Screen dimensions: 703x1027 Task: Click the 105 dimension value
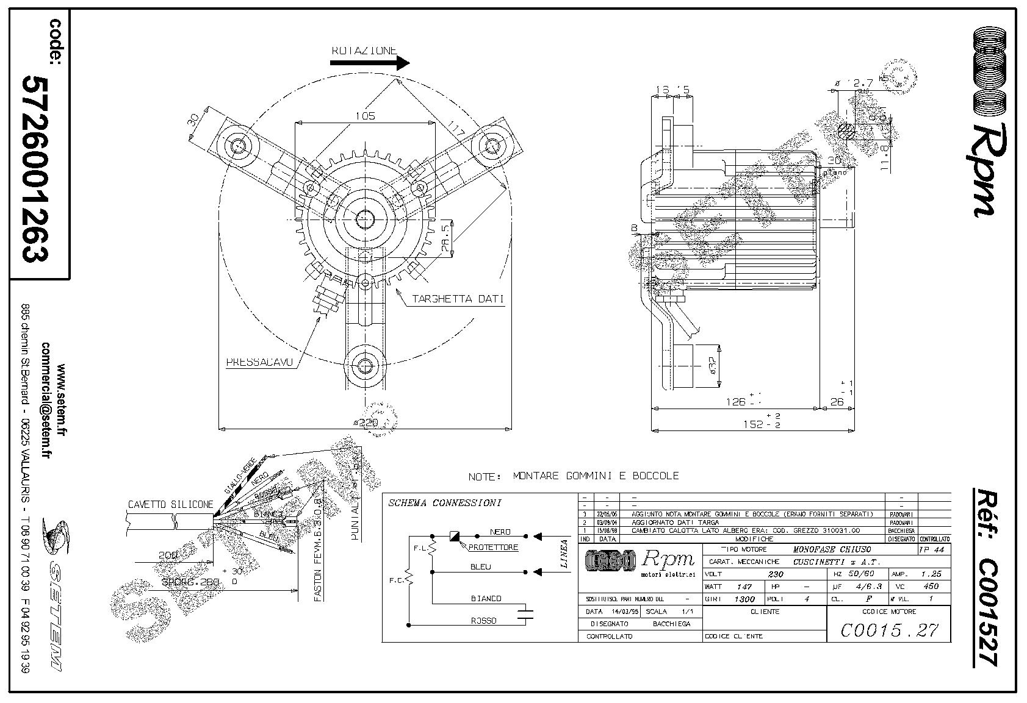click(x=365, y=116)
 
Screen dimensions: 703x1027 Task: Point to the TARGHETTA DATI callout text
click(x=458, y=299)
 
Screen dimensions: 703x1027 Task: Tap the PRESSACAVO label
click(x=259, y=362)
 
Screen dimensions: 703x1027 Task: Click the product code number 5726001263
click(x=36, y=169)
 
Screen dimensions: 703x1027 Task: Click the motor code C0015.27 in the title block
click(x=888, y=630)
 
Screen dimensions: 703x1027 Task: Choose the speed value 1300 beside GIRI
click(x=744, y=599)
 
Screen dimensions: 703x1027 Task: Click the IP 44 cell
click(x=934, y=549)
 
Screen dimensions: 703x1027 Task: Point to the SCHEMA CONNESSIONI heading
click(x=445, y=504)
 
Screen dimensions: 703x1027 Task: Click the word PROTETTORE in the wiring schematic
click(x=493, y=548)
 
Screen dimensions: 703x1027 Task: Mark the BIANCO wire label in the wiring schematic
click(x=486, y=599)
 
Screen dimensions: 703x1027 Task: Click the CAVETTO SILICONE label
click(x=170, y=505)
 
